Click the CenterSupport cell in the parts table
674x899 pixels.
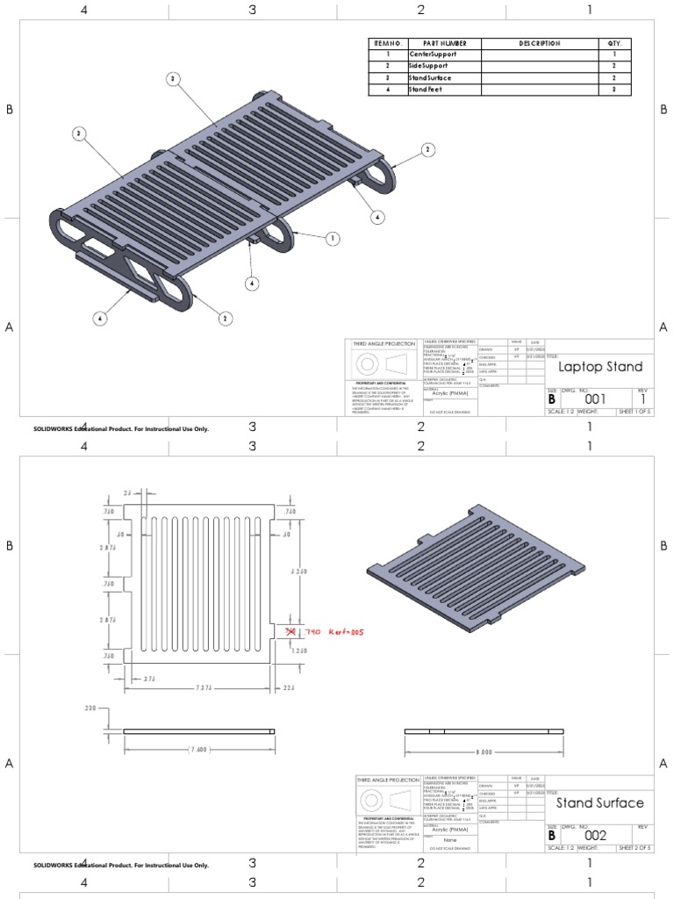[433, 54]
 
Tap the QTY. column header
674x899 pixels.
[613, 43]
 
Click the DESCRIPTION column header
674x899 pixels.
[539, 43]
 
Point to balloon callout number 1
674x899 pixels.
[333, 238]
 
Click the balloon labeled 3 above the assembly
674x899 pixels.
[174, 79]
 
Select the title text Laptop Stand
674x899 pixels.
[600, 367]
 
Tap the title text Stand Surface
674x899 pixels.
[600, 802]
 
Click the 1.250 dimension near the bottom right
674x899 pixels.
[298, 651]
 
